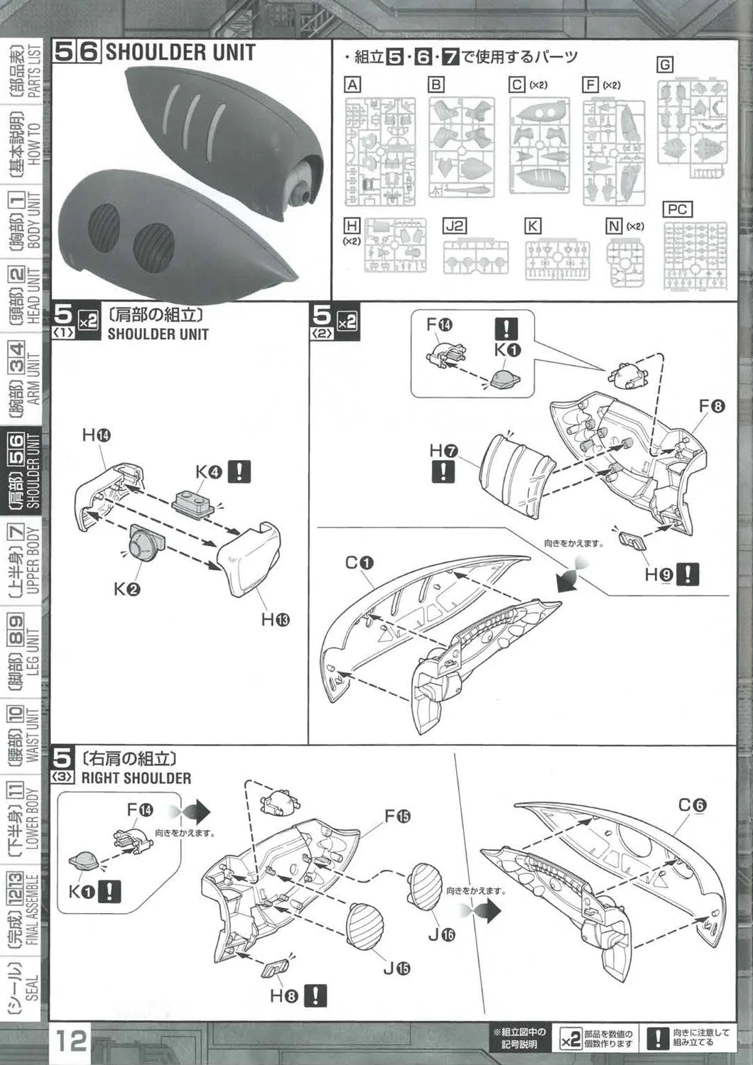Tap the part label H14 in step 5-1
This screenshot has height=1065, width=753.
coord(96,435)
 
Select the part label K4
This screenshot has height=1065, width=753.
coord(209,472)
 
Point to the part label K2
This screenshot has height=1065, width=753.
coord(126,589)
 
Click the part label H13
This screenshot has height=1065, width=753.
coord(275,620)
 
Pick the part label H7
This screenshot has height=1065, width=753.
coord(443,450)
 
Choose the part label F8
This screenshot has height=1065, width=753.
coord(711,407)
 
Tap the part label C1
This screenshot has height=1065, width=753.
coord(359,563)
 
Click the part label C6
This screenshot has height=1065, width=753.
coord(692,805)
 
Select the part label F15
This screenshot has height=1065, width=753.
coord(398,816)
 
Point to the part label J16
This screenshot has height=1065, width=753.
coord(441,934)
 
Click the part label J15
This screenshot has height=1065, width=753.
coord(397,968)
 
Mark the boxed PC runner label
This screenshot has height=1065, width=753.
coord(677,209)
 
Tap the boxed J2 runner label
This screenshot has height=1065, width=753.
coord(455,226)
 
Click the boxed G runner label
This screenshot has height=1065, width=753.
coord(664,65)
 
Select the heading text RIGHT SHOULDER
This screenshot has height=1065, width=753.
coord(136,778)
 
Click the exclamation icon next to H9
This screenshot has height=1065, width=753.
coord(688,574)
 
